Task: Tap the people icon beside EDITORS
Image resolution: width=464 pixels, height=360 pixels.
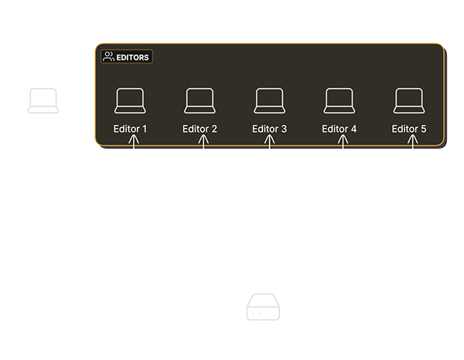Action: pos(108,56)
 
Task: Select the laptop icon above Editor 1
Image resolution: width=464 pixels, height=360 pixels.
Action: pos(130,100)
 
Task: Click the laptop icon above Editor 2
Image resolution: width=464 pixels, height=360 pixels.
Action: pos(200,100)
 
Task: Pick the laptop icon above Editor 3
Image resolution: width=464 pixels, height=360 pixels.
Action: pos(270,100)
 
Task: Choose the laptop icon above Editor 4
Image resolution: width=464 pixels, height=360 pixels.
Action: pos(339,100)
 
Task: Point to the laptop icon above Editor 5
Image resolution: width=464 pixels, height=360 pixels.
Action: pos(409,100)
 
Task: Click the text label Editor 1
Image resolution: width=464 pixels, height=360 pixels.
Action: pos(130,129)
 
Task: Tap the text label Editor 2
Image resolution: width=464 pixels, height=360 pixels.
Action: pos(200,129)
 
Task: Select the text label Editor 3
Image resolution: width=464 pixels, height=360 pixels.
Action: pos(270,129)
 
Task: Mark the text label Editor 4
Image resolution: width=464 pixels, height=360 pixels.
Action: pos(339,129)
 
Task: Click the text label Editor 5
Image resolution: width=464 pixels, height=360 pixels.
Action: pos(409,129)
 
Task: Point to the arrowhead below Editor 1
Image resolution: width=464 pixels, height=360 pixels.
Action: pos(134,139)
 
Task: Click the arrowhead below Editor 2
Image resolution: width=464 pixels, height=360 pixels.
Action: pos(203,139)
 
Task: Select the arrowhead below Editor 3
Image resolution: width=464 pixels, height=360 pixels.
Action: pos(270,139)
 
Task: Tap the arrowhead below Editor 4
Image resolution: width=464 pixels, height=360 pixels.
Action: pos(343,139)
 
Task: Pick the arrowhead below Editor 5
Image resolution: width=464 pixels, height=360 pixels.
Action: pos(412,139)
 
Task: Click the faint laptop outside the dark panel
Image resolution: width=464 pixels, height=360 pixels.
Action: pos(43,100)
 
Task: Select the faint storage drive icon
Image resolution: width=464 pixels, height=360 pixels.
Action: pos(263,307)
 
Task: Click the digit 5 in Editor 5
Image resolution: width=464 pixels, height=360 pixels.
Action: pos(424,129)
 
